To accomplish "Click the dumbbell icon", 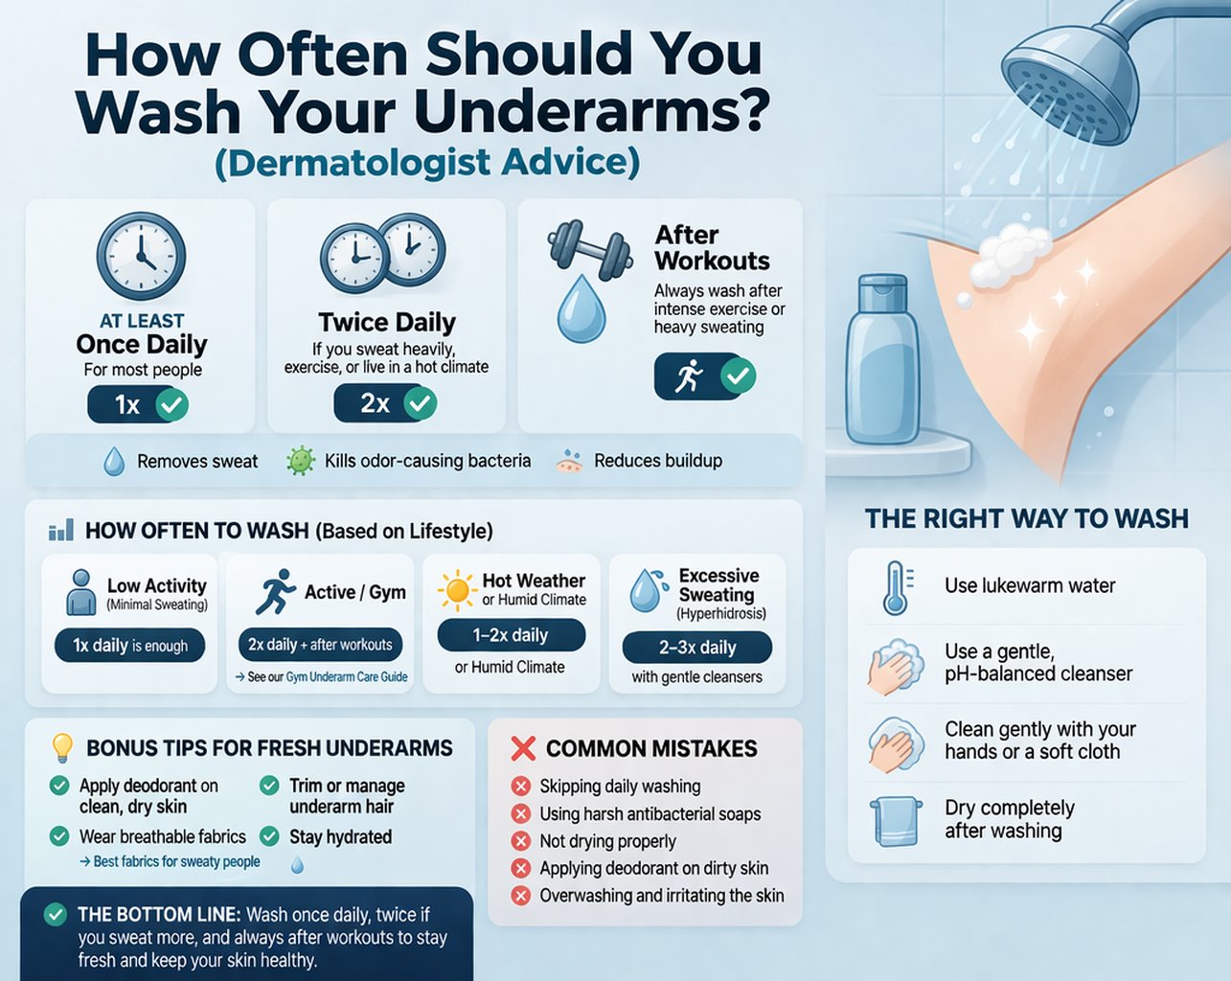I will pos(589,246).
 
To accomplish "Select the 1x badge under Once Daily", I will pos(138,405).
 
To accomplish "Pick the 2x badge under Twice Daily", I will pos(385,403).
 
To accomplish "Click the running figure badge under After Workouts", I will pos(704,376).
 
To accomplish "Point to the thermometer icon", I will pos(896,587).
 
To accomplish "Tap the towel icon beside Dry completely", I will pos(895,821).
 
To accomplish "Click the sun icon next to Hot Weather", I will pos(457,590).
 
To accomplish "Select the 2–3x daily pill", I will pos(696,648).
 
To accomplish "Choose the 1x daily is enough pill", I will pos(130,646).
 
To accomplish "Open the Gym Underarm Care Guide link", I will pos(347,677).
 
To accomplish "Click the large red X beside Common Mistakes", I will pos(523,748).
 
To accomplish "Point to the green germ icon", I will pos(301,461).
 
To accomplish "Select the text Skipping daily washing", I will pos(620,787).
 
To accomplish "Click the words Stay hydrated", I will pos(340,837).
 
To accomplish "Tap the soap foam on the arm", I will pos(1011,254).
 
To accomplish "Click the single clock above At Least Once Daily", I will pos(141,257).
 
